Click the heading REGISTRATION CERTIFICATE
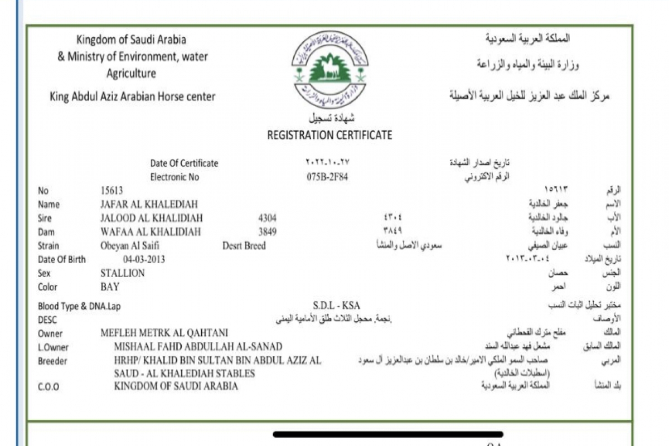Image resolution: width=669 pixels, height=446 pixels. pos(329,135)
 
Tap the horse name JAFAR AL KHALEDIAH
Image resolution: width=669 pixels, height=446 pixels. pos(149,205)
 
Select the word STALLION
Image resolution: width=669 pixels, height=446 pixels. pos(122,273)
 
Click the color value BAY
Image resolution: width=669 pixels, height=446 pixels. pos(110,287)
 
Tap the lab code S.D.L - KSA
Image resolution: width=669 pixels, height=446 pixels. pos(337,306)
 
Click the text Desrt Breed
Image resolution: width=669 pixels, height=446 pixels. pos(244,246)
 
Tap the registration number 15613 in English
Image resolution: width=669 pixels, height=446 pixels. pos(111,191)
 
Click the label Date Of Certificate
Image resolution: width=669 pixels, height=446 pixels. pos(184,163)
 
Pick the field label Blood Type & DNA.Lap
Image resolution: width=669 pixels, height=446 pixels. pos(79,306)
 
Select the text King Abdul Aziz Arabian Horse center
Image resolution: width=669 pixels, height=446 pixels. pos(132,96)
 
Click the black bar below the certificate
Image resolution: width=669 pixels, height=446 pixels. pos(388,434)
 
